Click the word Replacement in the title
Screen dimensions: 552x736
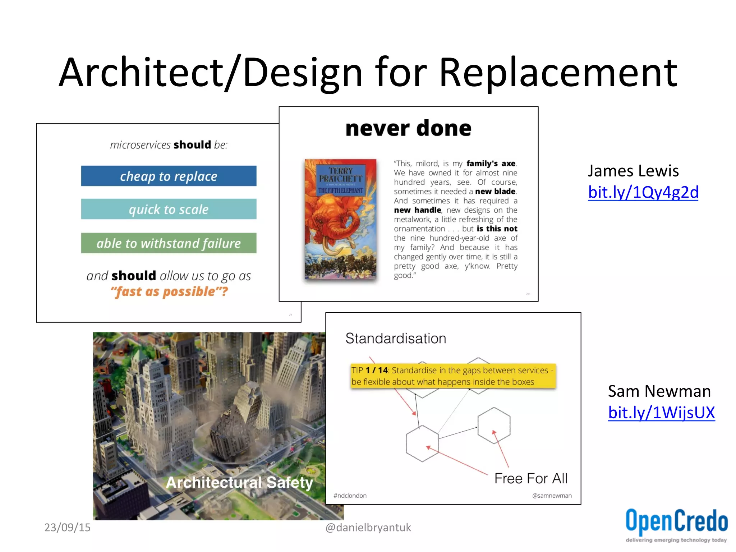(558, 73)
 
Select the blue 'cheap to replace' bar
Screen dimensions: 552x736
(169, 176)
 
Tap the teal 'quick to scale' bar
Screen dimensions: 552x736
(169, 209)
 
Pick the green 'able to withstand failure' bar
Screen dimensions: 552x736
(169, 243)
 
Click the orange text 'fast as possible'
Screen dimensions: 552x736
(169, 291)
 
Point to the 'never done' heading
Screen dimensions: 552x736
(408, 128)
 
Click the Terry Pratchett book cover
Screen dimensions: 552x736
(340, 219)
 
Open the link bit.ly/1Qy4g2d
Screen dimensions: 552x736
(643, 192)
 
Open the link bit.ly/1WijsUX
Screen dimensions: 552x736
(661, 413)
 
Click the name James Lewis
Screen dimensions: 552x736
(633, 171)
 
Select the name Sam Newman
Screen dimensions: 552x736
(659, 391)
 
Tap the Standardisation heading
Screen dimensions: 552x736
(396, 339)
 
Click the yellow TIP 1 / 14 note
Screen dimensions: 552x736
(453, 376)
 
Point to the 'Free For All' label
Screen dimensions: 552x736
(531, 479)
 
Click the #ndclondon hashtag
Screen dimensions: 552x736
(350, 496)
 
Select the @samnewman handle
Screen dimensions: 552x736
(552, 496)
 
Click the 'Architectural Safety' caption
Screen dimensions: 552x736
(239, 483)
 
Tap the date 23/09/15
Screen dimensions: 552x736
(67, 527)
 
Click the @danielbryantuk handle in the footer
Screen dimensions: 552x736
(368, 527)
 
